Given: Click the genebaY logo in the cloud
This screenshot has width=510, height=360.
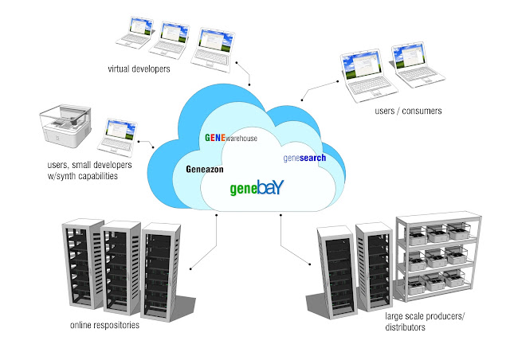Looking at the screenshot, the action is pyautogui.click(x=257, y=188).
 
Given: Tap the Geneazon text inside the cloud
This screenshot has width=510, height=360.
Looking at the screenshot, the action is pyautogui.click(x=205, y=169).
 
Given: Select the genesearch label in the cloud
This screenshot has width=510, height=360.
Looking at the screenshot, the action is pyautogui.click(x=304, y=158).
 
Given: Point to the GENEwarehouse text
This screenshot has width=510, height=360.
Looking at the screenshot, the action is pyautogui.click(x=231, y=138).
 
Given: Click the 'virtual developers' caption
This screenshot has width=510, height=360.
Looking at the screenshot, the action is pyautogui.click(x=139, y=69).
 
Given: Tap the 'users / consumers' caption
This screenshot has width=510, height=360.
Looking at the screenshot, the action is pyautogui.click(x=408, y=111).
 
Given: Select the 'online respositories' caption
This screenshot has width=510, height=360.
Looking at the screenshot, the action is pyautogui.click(x=104, y=325).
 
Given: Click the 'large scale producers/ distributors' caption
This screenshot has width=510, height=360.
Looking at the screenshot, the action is pyautogui.click(x=425, y=321).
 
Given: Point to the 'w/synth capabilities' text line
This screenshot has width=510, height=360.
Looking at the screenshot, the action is pyautogui.click(x=83, y=176).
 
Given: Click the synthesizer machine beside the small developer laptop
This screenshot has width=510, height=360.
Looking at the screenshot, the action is pyautogui.click(x=65, y=125).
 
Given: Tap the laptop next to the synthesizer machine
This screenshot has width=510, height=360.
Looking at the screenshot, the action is pyautogui.click(x=117, y=139).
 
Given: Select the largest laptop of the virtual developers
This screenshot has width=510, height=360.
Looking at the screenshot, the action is pyautogui.click(x=213, y=50).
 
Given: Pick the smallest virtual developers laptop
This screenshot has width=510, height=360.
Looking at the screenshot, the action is pyautogui.click(x=135, y=33).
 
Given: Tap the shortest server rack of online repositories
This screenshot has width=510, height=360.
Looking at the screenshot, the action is pyautogui.click(x=161, y=272).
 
